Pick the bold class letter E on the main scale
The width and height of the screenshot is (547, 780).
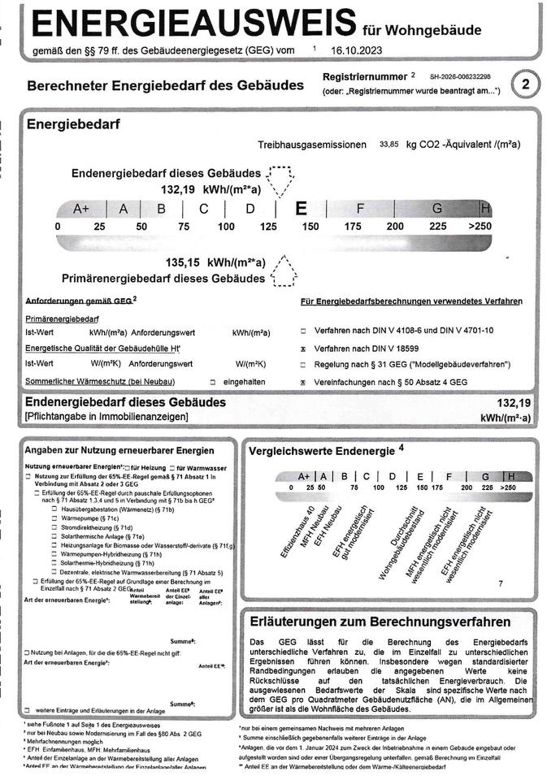(301, 209)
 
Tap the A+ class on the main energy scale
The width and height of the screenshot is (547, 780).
(81, 209)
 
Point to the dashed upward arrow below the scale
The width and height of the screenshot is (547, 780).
(282, 271)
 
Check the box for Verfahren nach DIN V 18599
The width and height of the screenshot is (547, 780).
(303, 348)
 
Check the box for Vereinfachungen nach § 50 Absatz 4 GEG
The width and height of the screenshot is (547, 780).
(303, 381)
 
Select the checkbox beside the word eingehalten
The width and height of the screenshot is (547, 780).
(212, 381)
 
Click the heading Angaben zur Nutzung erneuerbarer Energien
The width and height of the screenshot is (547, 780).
(119, 450)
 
